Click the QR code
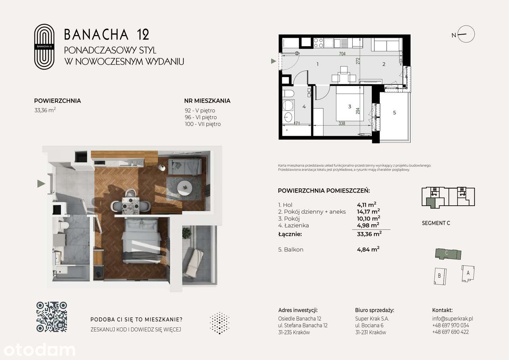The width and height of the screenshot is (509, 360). [52, 317]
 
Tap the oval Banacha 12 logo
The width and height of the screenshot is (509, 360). [44, 47]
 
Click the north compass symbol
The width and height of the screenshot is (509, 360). [466, 34]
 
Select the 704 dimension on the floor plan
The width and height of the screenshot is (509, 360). [342, 54]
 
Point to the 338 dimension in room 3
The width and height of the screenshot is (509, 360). [342, 123]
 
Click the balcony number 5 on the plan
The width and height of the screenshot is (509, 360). [394, 113]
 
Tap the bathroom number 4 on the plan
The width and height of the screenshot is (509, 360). [304, 107]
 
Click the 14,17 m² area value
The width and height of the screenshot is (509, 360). [368, 212]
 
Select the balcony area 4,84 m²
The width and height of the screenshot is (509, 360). [368, 249]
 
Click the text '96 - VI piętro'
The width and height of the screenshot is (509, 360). [200, 117]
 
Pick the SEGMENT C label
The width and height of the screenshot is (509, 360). [436, 223]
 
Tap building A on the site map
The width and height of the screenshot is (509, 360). [468, 273]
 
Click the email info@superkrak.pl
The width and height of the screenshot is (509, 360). [452, 319]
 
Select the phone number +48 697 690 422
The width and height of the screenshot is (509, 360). [450, 332]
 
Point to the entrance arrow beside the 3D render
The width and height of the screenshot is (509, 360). [41, 183]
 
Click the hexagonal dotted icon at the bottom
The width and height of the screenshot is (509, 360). [219, 323]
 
